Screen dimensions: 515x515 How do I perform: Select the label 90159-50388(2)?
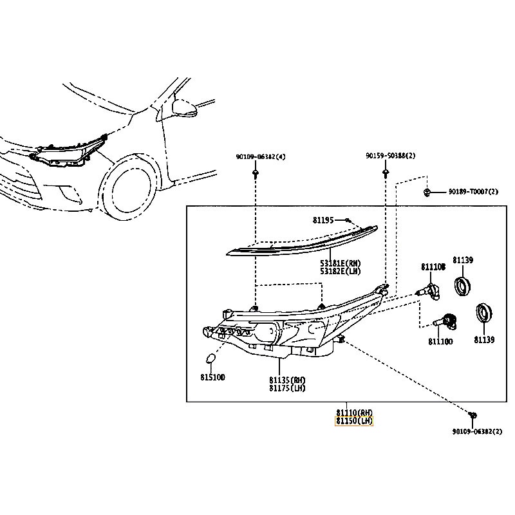(391, 156)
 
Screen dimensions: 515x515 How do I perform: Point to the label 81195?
(324, 220)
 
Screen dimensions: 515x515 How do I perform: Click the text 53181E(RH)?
(341, 263)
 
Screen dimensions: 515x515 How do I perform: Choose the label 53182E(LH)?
(341, 272)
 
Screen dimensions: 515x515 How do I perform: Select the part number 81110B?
(433, 267)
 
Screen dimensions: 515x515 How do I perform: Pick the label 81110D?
(440, 342)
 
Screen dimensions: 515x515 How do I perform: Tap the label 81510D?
(212, 378)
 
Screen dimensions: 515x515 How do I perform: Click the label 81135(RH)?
(287, 380)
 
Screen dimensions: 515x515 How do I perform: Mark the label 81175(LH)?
(287, 388)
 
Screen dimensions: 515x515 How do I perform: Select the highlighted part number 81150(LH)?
(354, 421)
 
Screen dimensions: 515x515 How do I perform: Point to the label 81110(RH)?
(354, 412)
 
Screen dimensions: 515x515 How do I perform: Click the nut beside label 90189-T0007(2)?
(427, 192)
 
